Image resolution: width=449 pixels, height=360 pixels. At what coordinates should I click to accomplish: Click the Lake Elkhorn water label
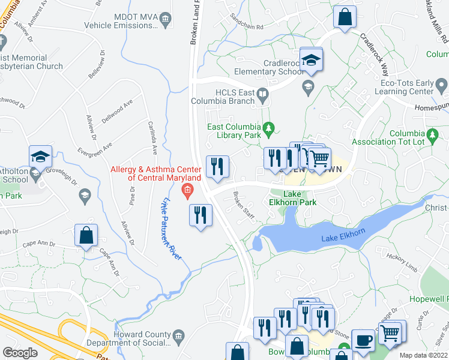coord(343,235)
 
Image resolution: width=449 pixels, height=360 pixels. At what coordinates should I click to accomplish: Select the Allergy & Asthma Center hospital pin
coord(187,192)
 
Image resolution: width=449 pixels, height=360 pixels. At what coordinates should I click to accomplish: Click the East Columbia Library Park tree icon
coord(269,127)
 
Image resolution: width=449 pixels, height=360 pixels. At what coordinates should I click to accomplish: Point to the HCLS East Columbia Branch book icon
coord(262,94)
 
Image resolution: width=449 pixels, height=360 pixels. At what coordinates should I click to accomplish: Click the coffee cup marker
coord(363,340)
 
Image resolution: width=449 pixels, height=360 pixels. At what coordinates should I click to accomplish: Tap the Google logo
coord(20,352)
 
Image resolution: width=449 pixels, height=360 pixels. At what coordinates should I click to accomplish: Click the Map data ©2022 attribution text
coord(423,355)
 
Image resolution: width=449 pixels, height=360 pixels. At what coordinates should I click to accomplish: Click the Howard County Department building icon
coord(178,338)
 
